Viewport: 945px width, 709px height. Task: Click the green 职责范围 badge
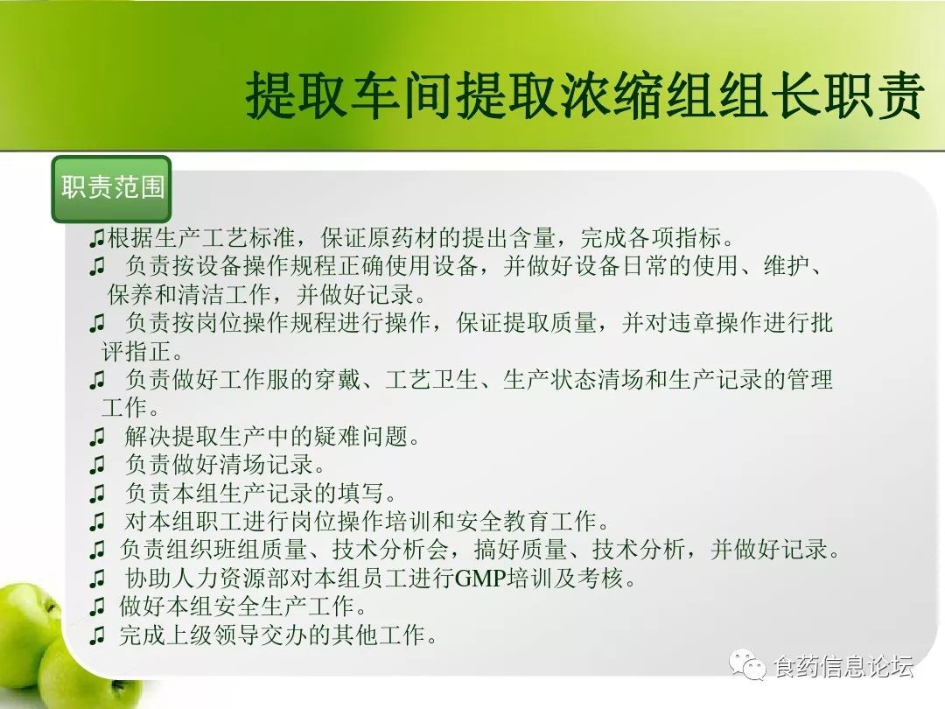[111, 189]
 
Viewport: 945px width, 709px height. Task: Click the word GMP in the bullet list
[480, 579]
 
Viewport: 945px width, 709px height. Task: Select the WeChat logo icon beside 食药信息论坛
[748, 664]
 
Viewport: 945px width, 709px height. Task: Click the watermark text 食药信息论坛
[843, 666]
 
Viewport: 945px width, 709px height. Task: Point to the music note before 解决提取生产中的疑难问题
[97, 437]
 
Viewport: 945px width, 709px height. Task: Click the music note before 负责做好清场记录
[97, 466]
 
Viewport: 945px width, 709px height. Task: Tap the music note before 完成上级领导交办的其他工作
[97, 635]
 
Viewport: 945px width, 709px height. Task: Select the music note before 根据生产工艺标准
[97, 239]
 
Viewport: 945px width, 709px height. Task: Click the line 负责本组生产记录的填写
[261, 493]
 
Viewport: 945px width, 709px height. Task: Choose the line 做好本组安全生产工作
[243, 607]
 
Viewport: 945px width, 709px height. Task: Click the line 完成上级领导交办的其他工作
[278, 635]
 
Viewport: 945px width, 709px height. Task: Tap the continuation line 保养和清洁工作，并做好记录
[267, 294]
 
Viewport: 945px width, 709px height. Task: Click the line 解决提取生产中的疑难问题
[272, 436]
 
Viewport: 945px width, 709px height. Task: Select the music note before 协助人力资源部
[97, 579]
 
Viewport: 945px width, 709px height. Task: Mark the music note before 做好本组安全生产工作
[97, 607]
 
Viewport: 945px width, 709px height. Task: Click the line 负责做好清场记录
[226, 464]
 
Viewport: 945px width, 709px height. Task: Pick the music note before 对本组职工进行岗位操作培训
[97, 522]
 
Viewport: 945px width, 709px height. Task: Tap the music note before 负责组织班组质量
[97, 551]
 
